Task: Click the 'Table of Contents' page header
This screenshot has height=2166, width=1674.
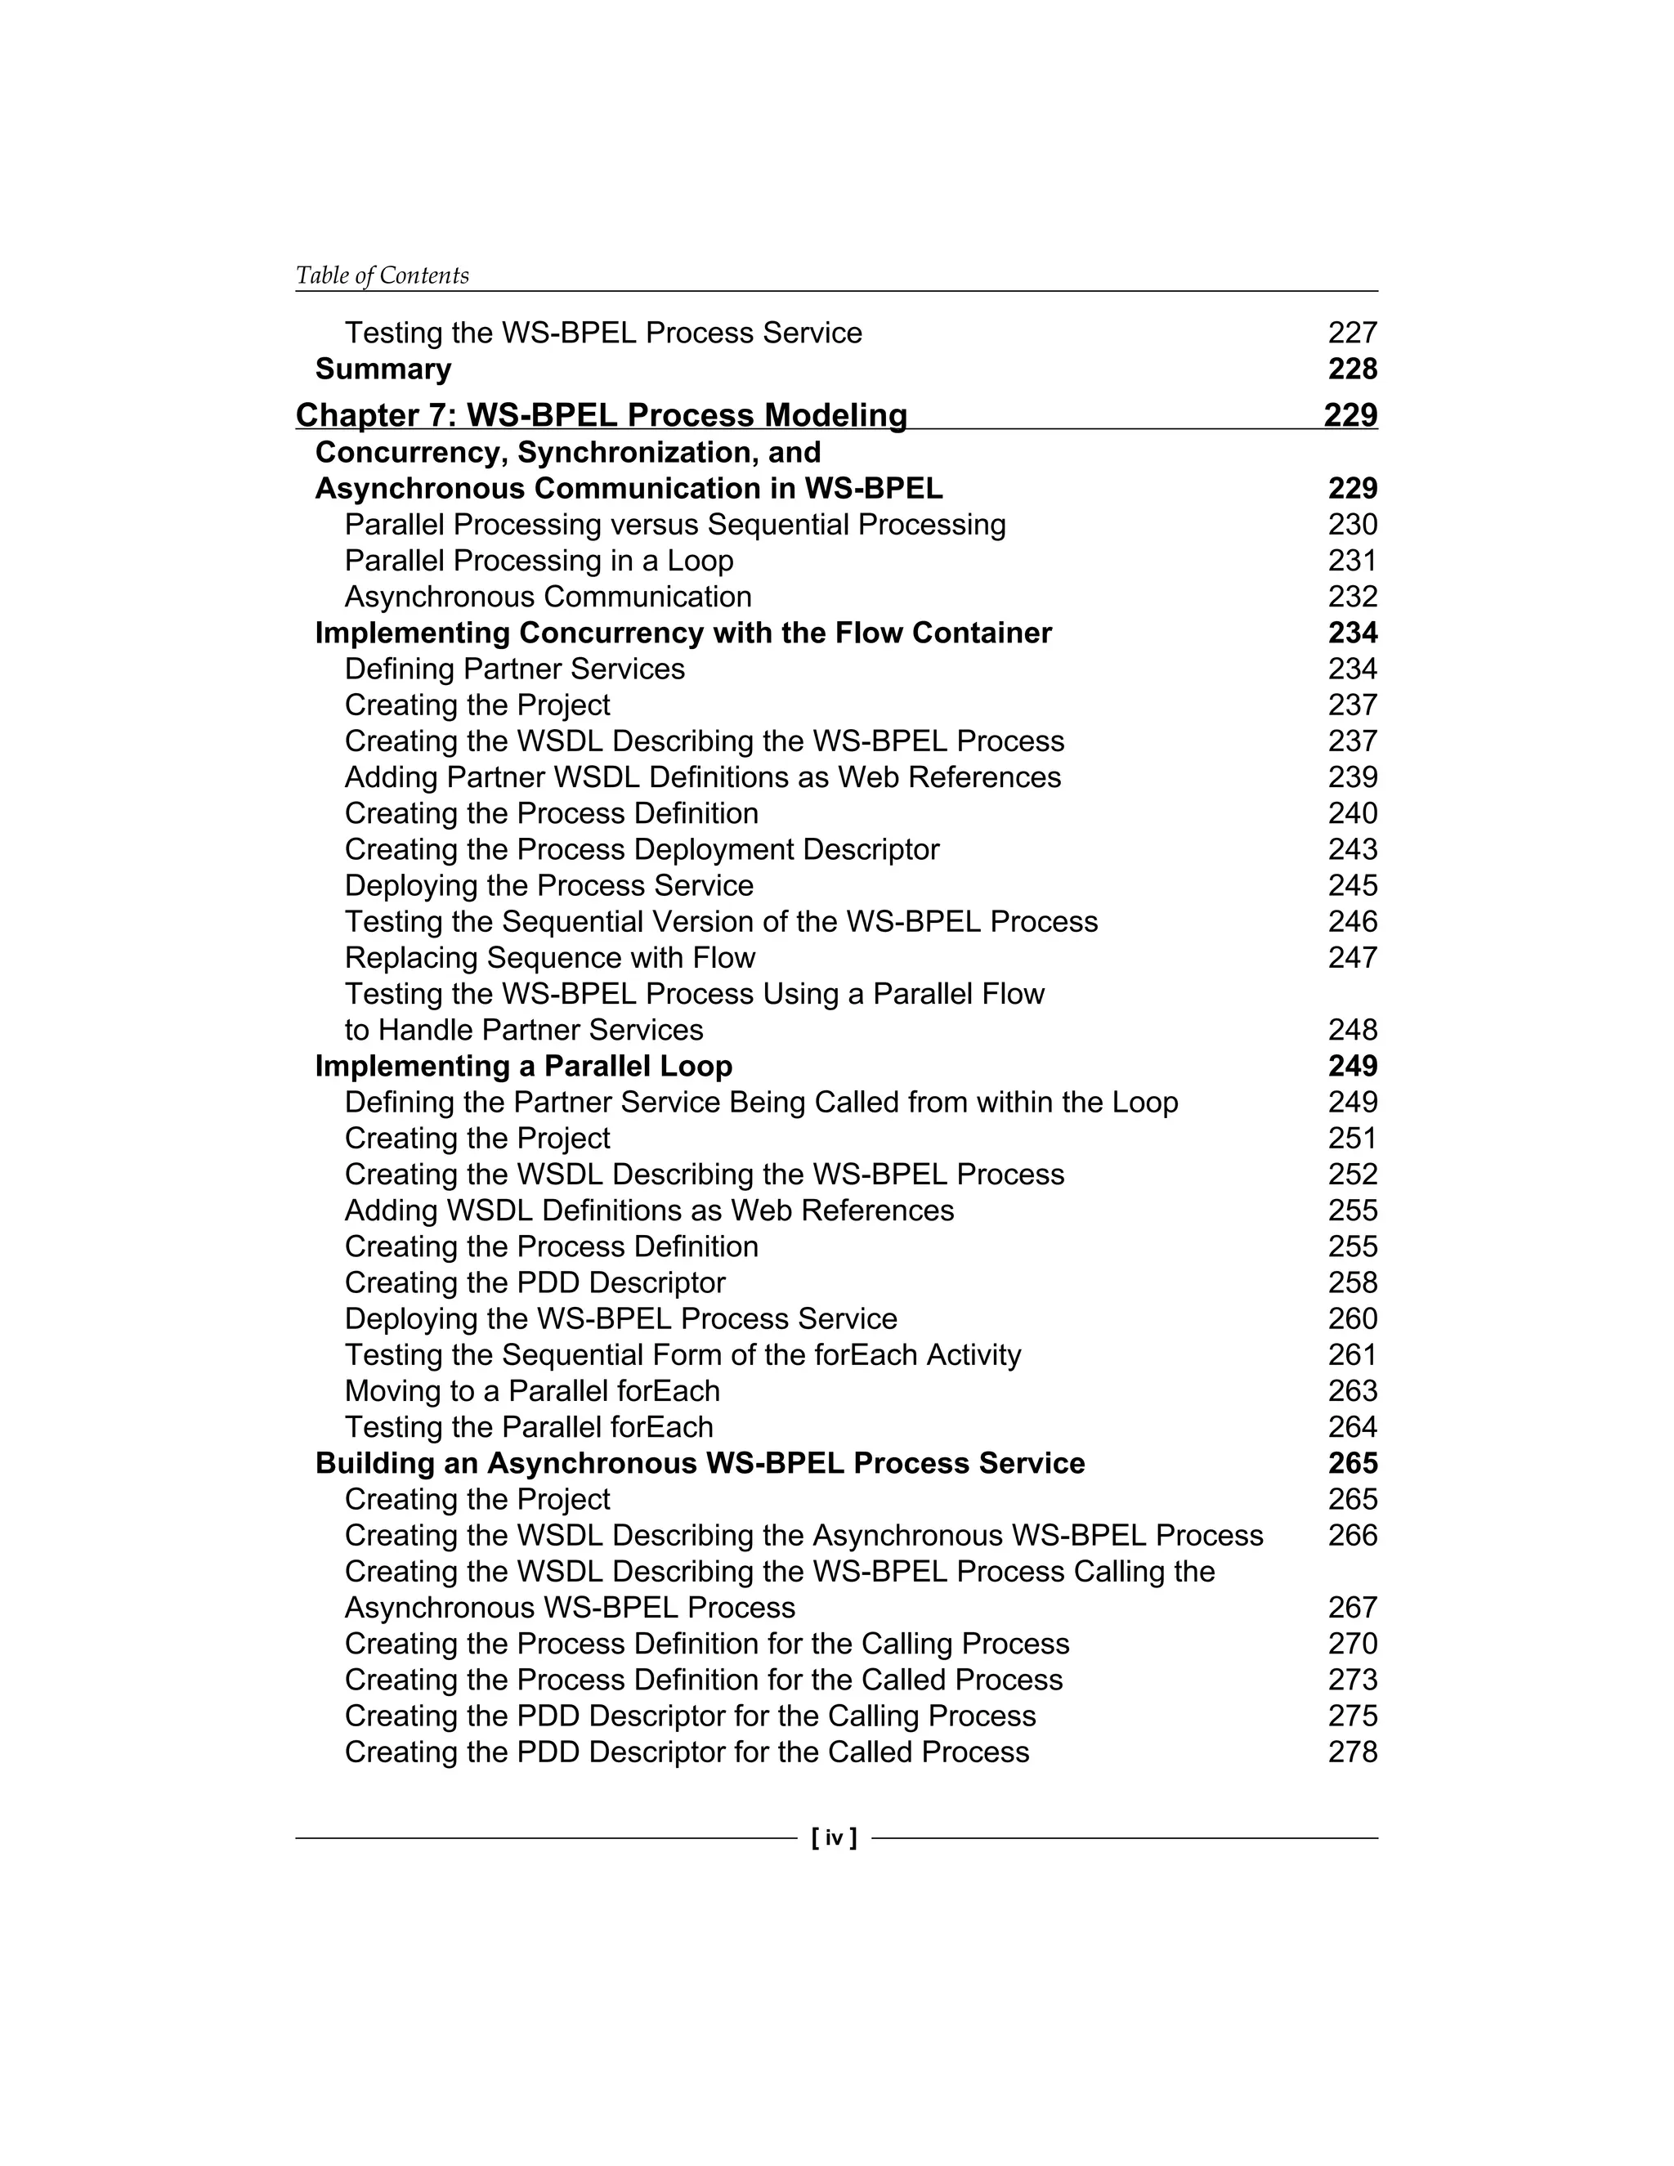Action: [382, 275]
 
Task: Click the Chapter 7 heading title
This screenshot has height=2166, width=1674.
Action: [601, 414]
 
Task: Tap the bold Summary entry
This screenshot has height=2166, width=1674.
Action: [383, 369]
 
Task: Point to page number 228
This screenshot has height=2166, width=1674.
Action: [1352, 369]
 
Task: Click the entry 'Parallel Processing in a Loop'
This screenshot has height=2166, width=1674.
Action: [539, 561]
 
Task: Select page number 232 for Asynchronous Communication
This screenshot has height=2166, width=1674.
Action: [1352, 597]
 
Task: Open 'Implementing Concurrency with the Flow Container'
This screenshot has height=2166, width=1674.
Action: [683, 633]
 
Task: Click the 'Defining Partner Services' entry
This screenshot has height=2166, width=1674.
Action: [515, 669]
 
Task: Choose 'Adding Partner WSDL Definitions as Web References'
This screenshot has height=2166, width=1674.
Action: [702, 776]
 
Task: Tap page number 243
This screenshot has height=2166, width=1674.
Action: [1352, 849]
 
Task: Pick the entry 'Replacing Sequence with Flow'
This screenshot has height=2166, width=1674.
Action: [549, 957]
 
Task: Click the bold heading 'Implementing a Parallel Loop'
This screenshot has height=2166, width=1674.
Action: [524, 1066]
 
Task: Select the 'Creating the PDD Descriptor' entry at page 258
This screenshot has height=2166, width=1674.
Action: [535, 1282]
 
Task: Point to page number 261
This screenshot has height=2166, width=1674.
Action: [1352, 1354]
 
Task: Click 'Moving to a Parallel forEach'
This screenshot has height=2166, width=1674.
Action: [531, 1390]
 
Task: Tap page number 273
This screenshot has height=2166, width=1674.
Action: [1352, 1679]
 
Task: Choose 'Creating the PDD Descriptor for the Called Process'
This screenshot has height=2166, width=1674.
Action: [687, 1752]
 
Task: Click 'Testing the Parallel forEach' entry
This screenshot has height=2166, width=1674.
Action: [529, 1427]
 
